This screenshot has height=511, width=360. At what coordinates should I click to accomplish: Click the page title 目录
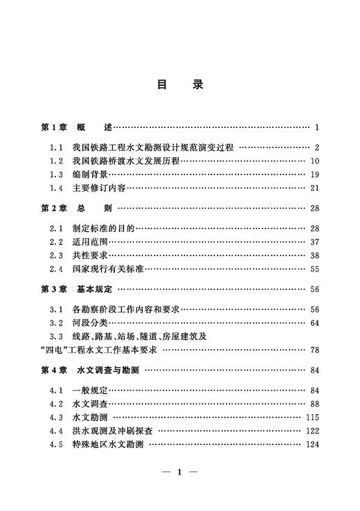click(x=179, y=84)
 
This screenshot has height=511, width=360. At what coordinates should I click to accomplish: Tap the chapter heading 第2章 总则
click(x=76, y=208)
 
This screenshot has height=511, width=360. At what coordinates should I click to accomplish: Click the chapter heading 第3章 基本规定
click(x=80, y=289)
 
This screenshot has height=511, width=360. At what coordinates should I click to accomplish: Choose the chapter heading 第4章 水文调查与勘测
click(x=90, y=370)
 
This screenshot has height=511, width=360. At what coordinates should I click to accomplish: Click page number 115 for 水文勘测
click(x=312, y=418)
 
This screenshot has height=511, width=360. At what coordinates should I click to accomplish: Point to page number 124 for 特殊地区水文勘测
click(x=312, y=445)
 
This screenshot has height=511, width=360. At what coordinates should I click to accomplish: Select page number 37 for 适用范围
click(x=314, y=242)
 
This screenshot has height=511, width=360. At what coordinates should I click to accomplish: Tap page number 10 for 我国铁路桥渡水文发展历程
click(x=314, y=161)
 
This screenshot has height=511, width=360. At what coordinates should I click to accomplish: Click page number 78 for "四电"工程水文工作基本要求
click(x=314, y=350)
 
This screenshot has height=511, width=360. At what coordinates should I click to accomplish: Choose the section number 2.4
click(x=56, y=269)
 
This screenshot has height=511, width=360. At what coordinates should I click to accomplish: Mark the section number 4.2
click(x=56, y=404)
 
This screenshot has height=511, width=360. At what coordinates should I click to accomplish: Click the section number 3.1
click(x=56, y=310)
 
